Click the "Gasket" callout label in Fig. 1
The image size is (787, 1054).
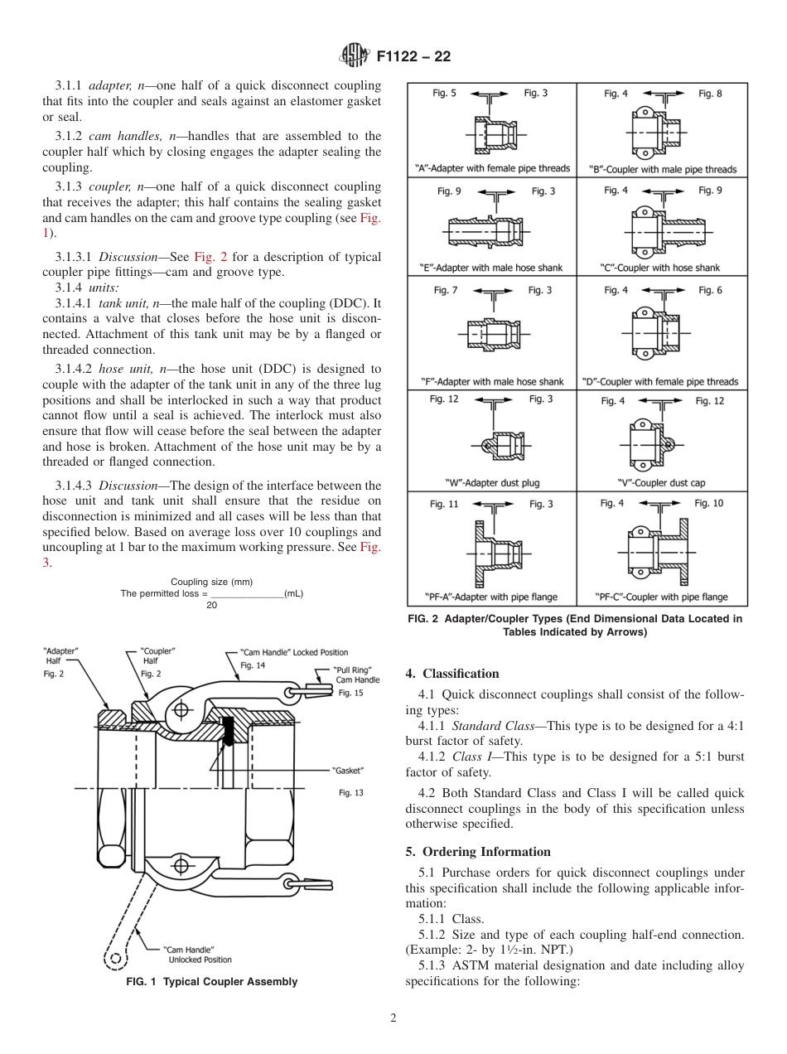[x=348, y=771]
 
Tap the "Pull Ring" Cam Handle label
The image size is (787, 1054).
[x=356, y=674]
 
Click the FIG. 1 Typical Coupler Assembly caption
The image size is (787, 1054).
[x=211, y=982]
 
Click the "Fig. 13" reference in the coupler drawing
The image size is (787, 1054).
[x=351, y=793]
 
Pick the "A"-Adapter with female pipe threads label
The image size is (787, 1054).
[x=492, y=168]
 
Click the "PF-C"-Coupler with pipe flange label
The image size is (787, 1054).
[x=662, y=597]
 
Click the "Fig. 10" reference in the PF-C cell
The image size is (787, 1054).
[x=708, y=503]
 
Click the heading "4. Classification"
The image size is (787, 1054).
[x=452, y=674]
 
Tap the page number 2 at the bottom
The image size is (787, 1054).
[x=393, y=1018]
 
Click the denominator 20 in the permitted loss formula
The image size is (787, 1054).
[x=211, y=605]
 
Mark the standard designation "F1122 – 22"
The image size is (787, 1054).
[x=413, y=57]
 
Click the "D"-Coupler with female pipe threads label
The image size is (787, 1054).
[x=662, y=382]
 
